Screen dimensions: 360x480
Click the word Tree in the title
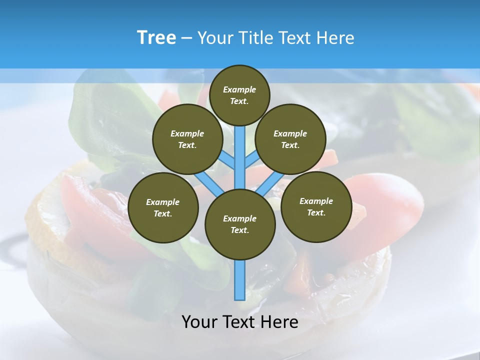[x=156, y=38]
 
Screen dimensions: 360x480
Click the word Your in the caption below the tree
[x=199, y=321]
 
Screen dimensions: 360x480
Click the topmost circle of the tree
[x=239, y=95]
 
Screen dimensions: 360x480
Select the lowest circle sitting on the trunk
[x=240, y=224]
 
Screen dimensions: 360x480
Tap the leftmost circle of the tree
[x=163, y=208]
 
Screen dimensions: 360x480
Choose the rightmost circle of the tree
[x=316, y=207]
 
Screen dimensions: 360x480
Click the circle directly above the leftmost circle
[x=187, y=139]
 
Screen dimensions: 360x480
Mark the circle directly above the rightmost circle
[x=290, y=139]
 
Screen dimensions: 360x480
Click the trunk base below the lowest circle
[x=240, y=280]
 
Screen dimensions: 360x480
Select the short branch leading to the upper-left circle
[x=227, y=160]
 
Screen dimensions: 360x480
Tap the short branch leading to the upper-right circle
[x=252, y=160]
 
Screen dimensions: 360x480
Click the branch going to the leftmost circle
[x=209, y=183]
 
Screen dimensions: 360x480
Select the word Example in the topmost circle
[x=239, y=89]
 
